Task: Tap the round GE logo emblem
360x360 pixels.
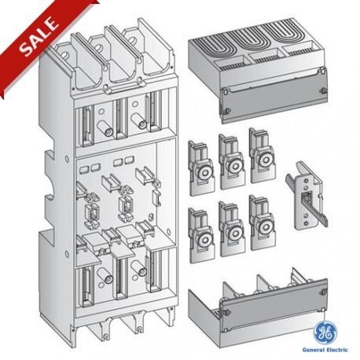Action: point(325,329)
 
